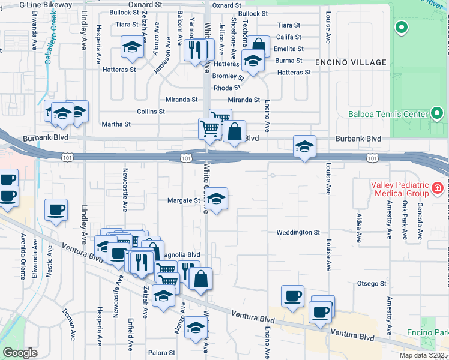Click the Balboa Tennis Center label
(387, 114)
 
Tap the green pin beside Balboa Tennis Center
(436, 113)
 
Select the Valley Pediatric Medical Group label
(402, 189)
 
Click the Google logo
(20, 353)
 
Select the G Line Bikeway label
(46, 4)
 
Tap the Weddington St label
(298, 232)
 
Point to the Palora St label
(161, 353)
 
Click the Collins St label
(151, 112)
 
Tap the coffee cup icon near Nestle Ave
(56, 210)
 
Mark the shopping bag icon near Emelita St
(259, 46)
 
